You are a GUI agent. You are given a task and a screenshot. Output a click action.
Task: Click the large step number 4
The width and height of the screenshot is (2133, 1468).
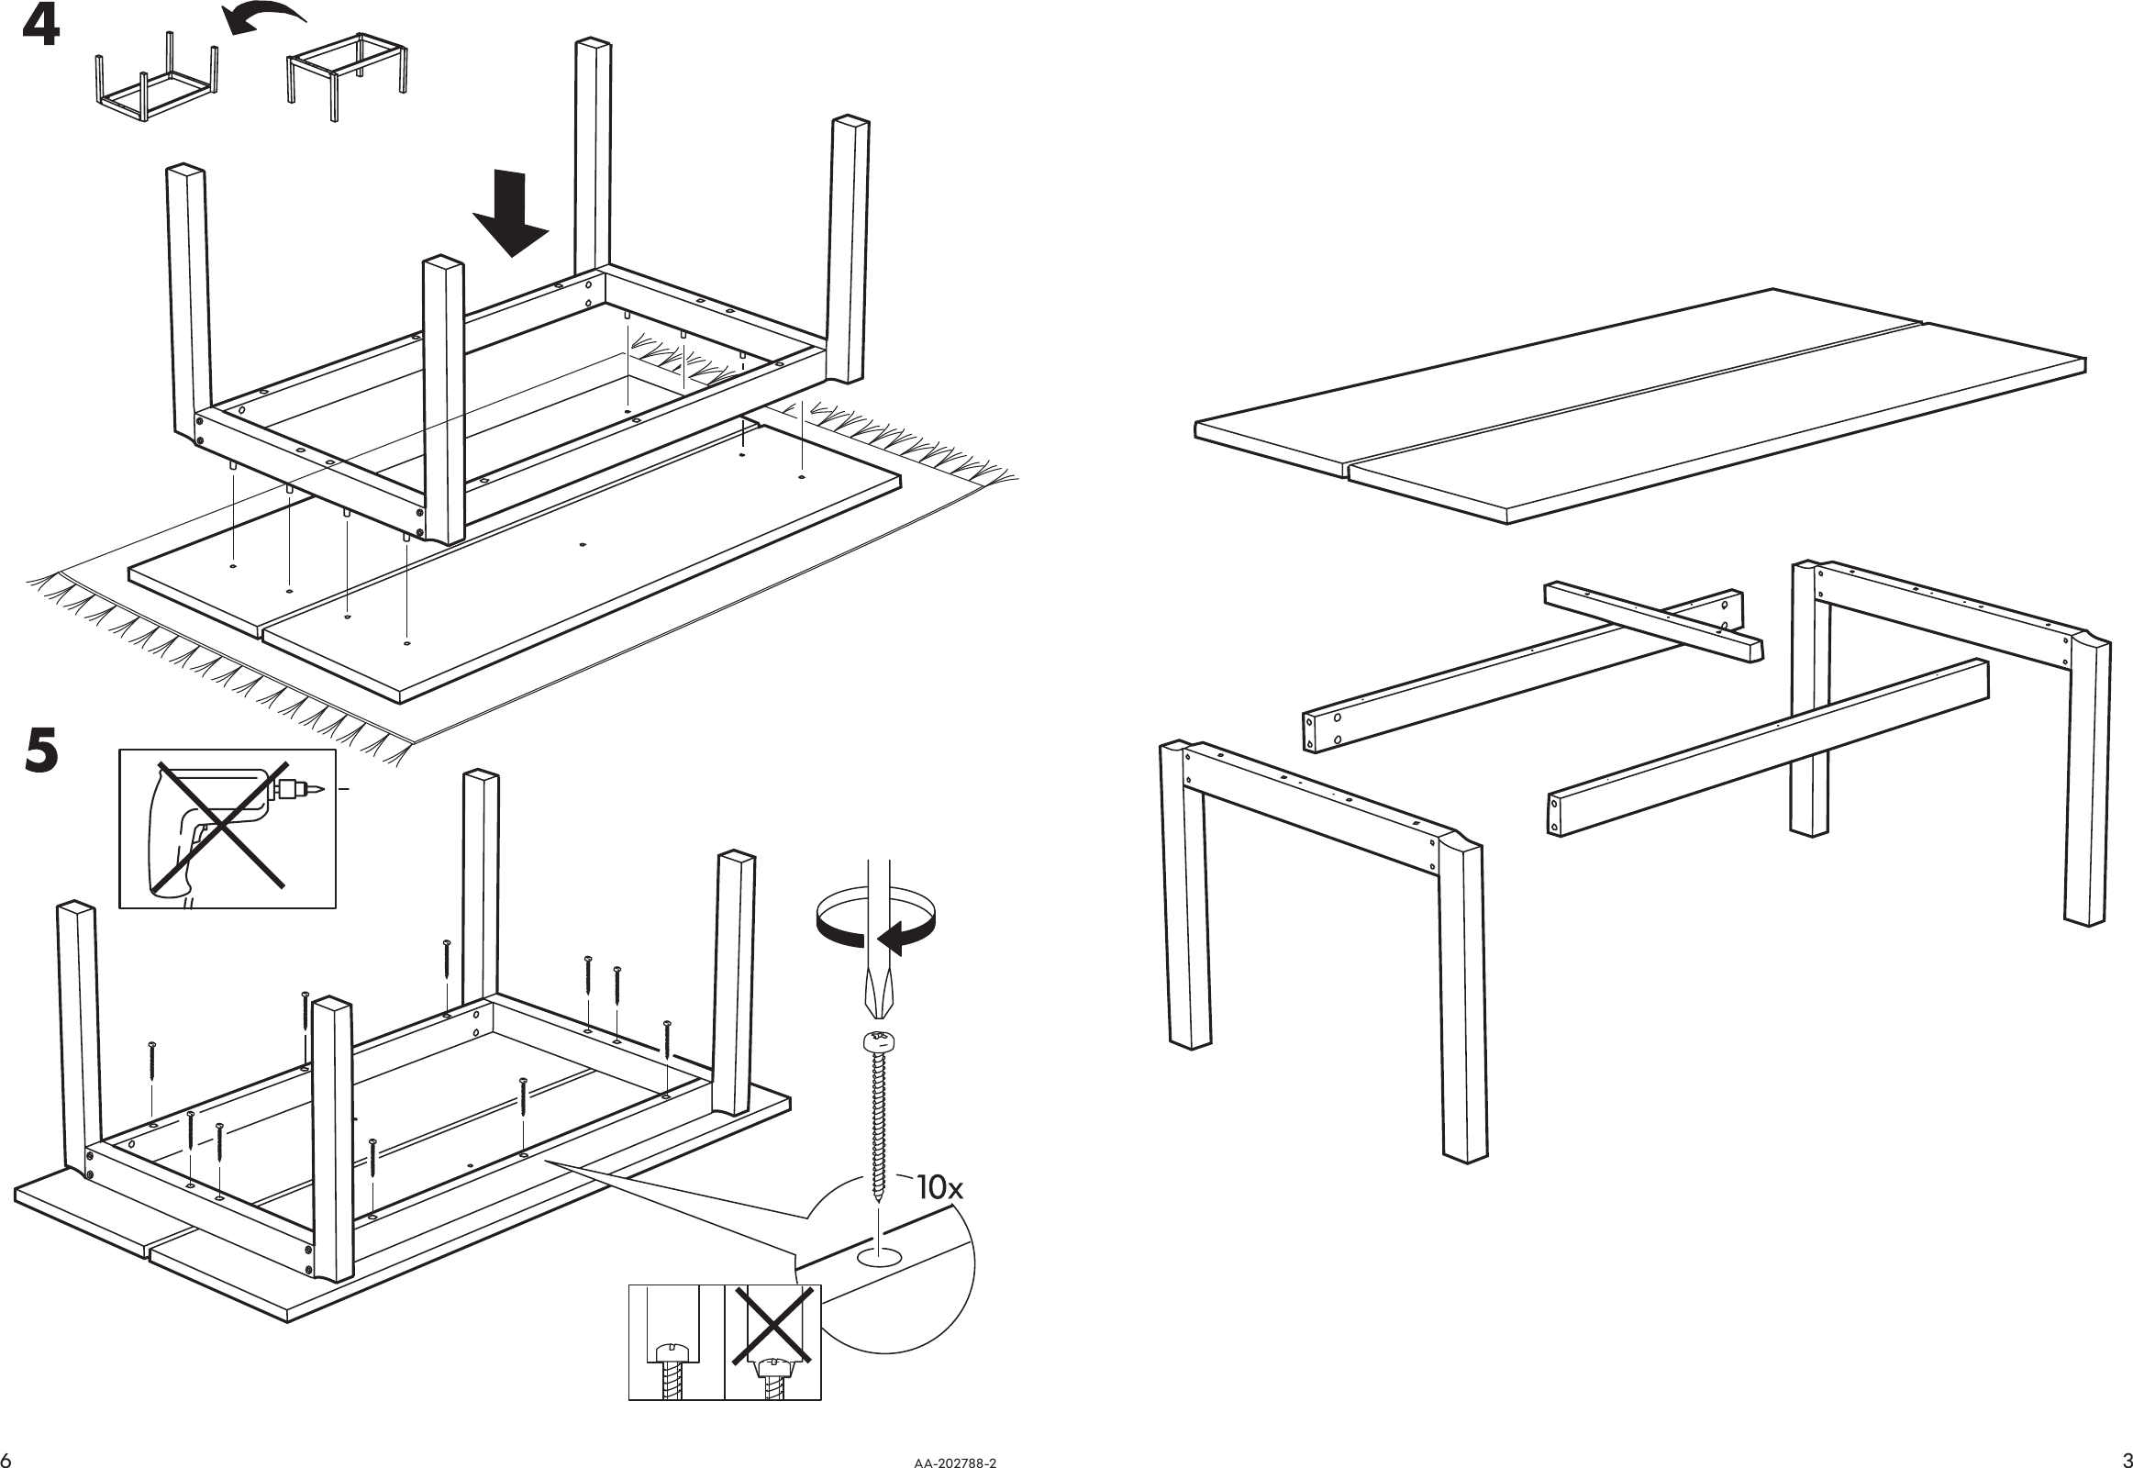pos(41,28)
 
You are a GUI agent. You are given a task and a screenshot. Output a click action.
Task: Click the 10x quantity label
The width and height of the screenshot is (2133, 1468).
pos(940,1187)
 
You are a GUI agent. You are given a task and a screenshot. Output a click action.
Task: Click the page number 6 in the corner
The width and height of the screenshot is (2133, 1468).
pos(7,1458)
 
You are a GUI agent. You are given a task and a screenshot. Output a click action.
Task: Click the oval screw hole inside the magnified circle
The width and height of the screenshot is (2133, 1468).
pos(879,1257)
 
